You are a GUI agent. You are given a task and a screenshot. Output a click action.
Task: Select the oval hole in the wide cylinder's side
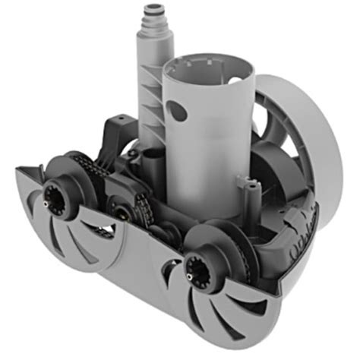[x=177, y=113]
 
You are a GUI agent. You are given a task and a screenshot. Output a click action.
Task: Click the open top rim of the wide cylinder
[x=205, y=62]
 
